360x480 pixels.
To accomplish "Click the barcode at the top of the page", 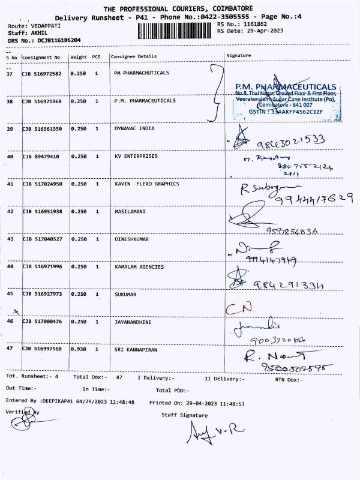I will point(175,32).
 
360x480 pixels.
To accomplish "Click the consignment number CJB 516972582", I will point(41,73).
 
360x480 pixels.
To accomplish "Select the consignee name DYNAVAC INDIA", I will point(134,128).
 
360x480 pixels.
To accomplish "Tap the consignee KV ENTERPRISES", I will point(136,156).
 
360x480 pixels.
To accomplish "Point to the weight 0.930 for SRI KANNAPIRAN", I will point(78,349).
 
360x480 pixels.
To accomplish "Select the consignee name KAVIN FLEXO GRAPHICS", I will point(146,184).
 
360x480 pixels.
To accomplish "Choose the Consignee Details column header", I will point(133,56).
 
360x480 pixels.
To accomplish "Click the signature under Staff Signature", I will point(208,430).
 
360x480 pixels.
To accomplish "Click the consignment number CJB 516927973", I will point(41,294).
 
